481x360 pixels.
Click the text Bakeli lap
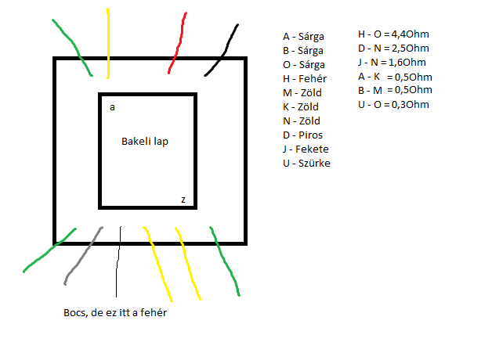pos(146,142)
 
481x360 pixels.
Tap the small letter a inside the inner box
pos(113,106)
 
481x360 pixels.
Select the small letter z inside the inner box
pos(183,200)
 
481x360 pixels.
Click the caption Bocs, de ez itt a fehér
pos(116,312)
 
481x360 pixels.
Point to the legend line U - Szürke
pos(306,163)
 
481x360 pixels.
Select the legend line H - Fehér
pos(305,78)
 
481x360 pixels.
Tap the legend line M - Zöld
pos(302,92)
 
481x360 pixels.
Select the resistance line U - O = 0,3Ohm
pos(395,105)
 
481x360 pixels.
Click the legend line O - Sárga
pos(304,64)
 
